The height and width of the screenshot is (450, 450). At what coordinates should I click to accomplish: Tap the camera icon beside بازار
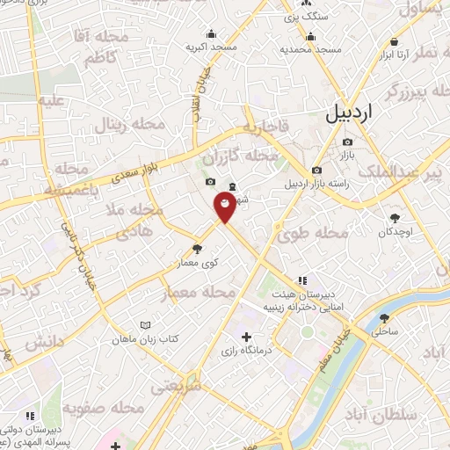[x=348, y=142]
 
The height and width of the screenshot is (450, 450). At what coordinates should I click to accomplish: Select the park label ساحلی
[x=385, y=332]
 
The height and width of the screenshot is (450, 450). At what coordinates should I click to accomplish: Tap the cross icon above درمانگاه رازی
[x=246, y=337]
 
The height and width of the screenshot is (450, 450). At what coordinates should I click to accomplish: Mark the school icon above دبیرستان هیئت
[x=301, y=280]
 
